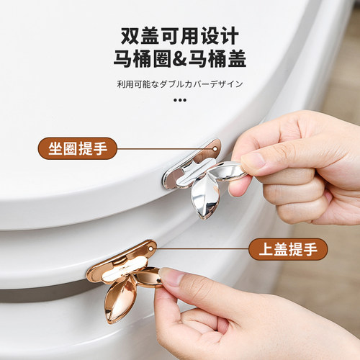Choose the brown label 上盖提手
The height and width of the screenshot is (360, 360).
point(287,249)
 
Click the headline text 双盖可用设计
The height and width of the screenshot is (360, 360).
point(179,35)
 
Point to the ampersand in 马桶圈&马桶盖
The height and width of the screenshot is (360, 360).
point(180,59)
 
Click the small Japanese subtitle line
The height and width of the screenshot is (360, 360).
point(179,84)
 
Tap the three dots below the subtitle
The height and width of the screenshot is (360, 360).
point(179,102)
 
